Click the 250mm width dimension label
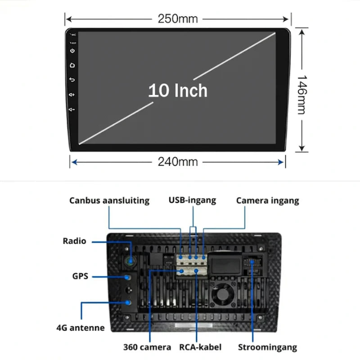tap(178, 19)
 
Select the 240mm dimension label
tap(178, 162)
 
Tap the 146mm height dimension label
tap(301, 94)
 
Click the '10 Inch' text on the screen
tap(178, 90)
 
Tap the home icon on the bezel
tap(72, 65)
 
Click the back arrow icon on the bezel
tap(72, 80)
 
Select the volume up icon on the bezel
tap(72, 94)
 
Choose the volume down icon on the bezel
tap(72, 109)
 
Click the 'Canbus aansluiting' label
tap(109, 201)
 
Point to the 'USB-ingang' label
tap(193, 200)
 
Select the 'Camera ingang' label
tap(268, 201)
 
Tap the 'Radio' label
tap(74, 241)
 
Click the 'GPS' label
tap(80, 276)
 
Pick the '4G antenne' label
tap(81, 328)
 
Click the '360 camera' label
tap(147, 347)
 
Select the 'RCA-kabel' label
tap(200, 347)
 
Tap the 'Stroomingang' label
tap(267, 347)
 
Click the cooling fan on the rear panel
tap(222, 295)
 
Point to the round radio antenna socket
tap(130, 261)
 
